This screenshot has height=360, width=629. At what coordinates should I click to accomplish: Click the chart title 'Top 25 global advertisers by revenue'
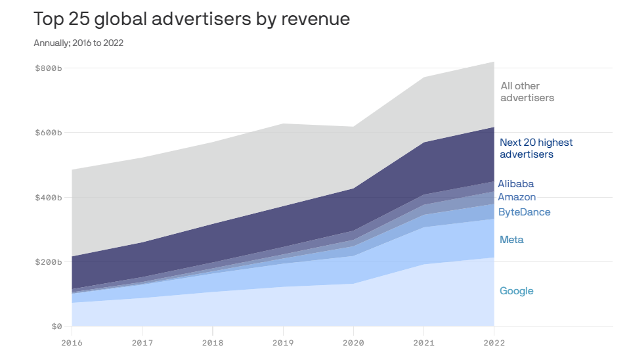192,20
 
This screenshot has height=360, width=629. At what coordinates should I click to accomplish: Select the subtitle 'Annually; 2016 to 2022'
79,43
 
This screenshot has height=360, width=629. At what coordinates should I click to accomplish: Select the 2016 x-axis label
72,342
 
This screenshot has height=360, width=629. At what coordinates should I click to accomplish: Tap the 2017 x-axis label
142,342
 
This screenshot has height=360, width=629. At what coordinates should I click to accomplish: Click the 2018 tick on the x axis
212,342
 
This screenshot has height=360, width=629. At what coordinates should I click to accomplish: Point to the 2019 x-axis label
283,342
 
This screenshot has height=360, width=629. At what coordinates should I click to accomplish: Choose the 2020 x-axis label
353,342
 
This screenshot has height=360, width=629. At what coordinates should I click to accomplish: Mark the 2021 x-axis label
423,342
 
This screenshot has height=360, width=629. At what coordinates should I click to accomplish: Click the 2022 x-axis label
494,342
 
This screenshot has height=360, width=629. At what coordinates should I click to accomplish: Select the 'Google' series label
517,291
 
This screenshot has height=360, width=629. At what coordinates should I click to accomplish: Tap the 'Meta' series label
511,240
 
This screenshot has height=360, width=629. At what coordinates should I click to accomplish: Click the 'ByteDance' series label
524,212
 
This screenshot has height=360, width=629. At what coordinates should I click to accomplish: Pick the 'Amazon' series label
517,197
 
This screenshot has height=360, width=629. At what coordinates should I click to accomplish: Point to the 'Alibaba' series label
516,184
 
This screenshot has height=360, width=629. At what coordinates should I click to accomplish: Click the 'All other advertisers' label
527,92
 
